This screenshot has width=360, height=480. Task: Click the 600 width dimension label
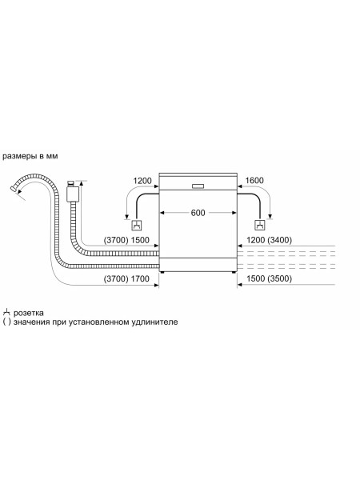tap(198, 213)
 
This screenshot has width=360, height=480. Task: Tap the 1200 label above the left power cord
tap(142, 181)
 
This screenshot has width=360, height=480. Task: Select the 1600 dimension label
tap(254, 181)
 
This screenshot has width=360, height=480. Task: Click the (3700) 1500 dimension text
tap(126, 240)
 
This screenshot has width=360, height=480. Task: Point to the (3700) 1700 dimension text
tap(126, 279)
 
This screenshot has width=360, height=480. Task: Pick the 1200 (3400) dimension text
tap(269, 240)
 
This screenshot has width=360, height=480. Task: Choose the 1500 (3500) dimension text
tap(269, 279)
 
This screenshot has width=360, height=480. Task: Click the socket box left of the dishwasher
tap(137, 226)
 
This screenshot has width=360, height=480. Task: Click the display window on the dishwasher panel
tap(198, 186)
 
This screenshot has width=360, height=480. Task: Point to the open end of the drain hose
tap(13, 189)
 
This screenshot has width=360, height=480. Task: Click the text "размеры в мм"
tap(30, 156)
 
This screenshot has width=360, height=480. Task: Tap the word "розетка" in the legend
tap(29, 313)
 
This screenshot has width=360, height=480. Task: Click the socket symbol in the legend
tap(6, 312)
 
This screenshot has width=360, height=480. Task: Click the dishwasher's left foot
tap(162, 272)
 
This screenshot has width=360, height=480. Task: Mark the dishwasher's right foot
tap(234, 272)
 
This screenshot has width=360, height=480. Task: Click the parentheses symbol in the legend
tap(6, 322)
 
